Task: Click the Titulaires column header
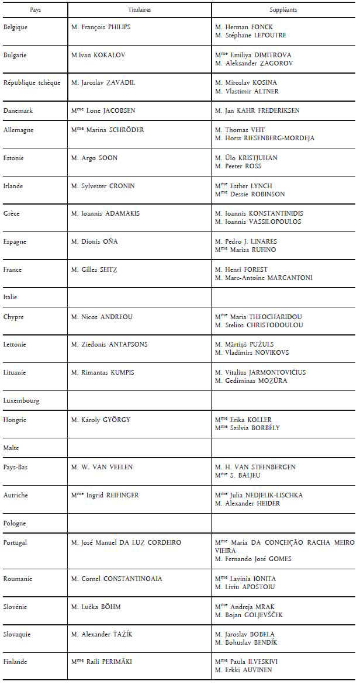[139, 11]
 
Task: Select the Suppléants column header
[283, 11]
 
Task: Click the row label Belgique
[16, 27]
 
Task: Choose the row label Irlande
[14, 186]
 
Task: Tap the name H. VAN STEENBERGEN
[255, 467]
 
